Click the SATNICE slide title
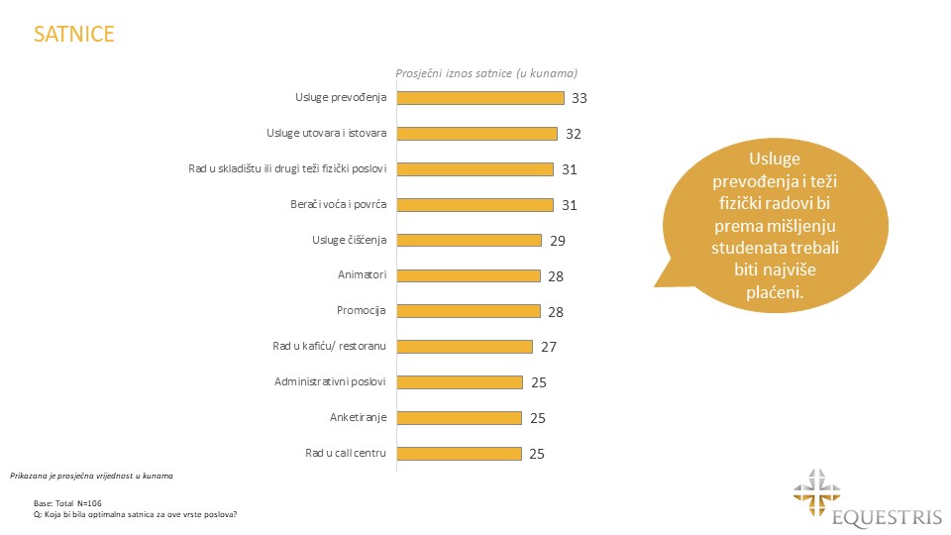(74, 35)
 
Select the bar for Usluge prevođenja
(480, 98)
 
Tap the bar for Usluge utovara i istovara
(477, 134)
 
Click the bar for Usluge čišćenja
(470, 240)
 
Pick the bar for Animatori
(469, 275)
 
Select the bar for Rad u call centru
(460, 454)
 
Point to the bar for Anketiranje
(460, 418)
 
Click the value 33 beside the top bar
(581, 98)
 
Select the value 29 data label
(559, 241)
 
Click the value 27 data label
(552, 347)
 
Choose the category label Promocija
(362, 310)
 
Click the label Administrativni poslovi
(329, 381)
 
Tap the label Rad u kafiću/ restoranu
(329, 346)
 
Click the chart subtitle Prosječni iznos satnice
(486, 72)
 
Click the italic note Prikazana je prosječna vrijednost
(91, 477)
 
